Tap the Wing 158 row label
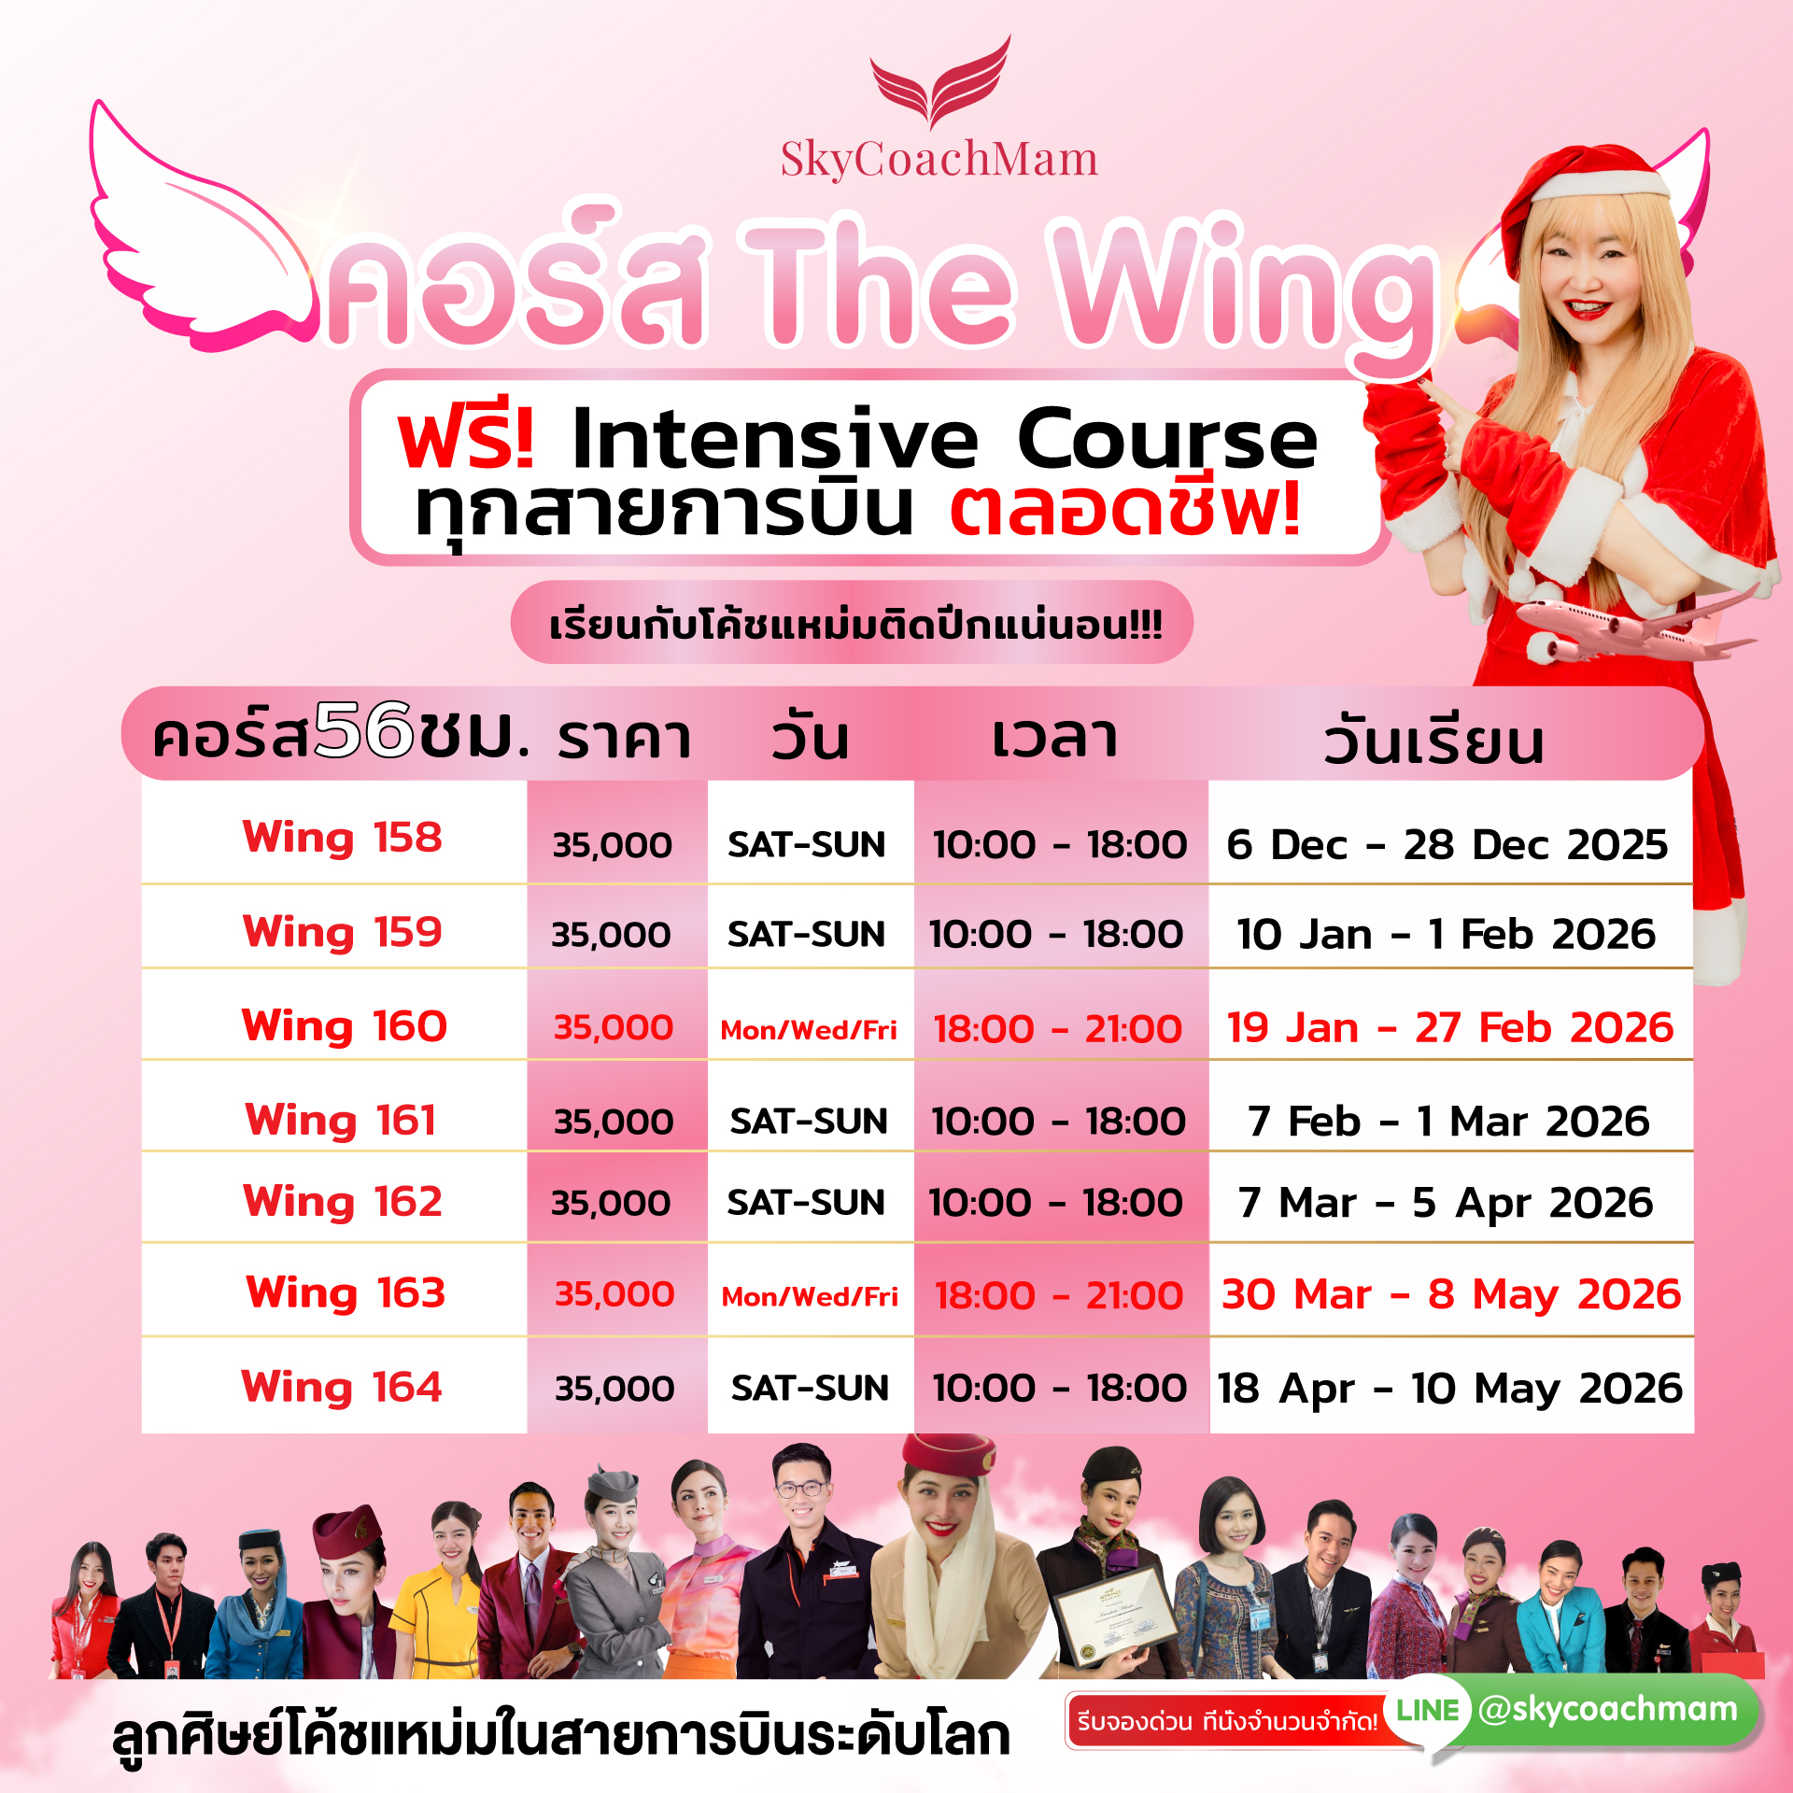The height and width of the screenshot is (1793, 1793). point(342,837)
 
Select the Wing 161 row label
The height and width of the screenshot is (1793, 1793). point(341,1120)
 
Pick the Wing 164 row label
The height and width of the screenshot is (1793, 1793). point(342,1387)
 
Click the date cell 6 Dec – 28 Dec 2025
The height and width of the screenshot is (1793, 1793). point(1447,844)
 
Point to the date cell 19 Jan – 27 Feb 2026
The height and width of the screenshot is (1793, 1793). point(1450,1027)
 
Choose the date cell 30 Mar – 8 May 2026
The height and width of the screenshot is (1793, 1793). point(1451,1294)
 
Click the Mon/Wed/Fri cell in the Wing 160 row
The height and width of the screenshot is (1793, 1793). point(809,1030)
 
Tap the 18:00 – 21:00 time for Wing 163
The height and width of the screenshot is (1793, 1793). point(1059,1295)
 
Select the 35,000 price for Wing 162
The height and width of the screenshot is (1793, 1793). point(611,1203)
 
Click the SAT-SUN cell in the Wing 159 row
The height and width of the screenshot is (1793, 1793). point(806,934)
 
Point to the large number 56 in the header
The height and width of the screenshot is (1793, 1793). point(363,730)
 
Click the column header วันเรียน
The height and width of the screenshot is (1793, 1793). point(1433,741)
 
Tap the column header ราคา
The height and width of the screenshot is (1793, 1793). point(624,738)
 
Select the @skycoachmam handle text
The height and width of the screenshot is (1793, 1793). point(1608,1709)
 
